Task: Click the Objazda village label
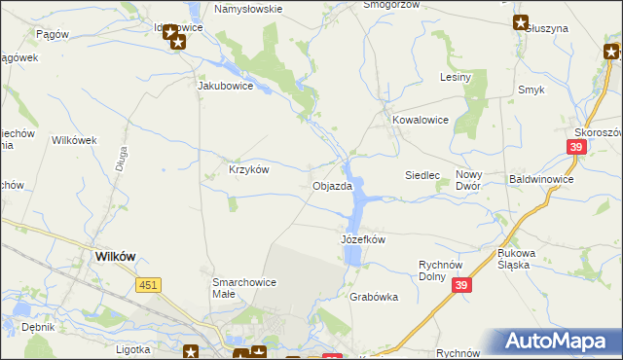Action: click(x=332, y=186)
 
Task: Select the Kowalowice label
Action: click(x=421, y=121)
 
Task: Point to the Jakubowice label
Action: click(x=226, y=86)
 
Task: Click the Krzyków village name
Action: click(x=248, y=168)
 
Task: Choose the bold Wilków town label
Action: click(x=115, y=256)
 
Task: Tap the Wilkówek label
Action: click(x=74, y=140)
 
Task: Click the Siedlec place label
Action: click(x=423, y=175)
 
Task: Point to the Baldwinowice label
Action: click(x=541, y=180)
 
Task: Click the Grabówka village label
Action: click(x=373, y=298)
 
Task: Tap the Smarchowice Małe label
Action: click(x=244, y=288)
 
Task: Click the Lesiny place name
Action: click(x=456, y=77)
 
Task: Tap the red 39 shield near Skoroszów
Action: click(x=574, y=147)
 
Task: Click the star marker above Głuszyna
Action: click(x=521, y=22)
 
